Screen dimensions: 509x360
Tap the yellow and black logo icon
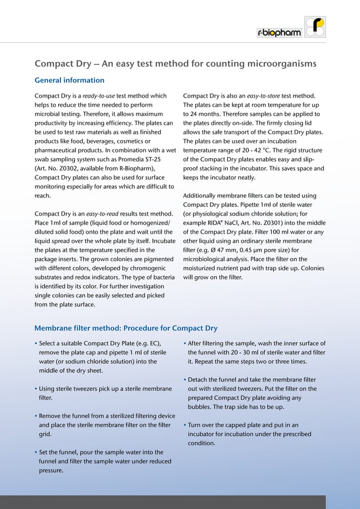[x=315, y=27]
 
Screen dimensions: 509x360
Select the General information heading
[x=69, y=80]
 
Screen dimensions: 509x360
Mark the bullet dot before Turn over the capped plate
[x=185, y=425]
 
